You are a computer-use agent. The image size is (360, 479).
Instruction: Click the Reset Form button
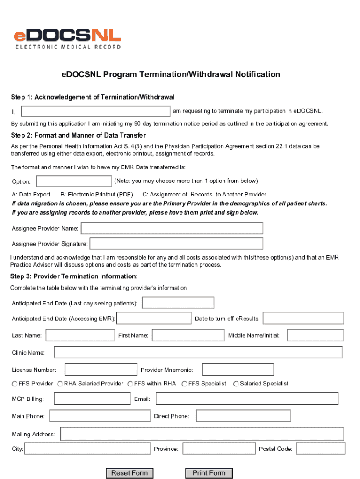[x=129, y=473]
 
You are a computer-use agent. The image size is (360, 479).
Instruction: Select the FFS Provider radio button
[x=14, y=384]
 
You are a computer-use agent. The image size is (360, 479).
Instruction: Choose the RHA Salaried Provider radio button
[x=60, y=384]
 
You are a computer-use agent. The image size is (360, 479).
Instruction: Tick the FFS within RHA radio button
[x=130, y=384]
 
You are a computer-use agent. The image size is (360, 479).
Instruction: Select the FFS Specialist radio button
[x=185, y=384]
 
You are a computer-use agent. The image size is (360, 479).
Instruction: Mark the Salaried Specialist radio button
[x=236, y=384]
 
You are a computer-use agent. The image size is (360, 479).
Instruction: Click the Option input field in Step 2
[x=74, y=181]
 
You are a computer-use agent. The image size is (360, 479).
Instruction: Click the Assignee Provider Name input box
[x=172, y=228]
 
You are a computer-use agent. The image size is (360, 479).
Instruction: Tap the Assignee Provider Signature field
[x=176, y=244]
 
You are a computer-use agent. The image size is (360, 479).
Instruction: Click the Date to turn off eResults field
[x=303, y=318]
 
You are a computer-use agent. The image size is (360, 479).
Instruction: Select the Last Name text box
[x=80, y=335]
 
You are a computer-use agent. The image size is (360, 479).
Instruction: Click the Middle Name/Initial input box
[x=315, y=335]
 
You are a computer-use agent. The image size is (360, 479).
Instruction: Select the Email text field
[x=247, y=399]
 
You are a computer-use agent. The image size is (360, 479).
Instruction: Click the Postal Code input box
[x=321, y=449]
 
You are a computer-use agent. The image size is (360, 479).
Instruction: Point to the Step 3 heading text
[x=74, y=276]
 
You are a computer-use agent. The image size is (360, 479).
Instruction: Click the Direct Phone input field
[x=243, y=416]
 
